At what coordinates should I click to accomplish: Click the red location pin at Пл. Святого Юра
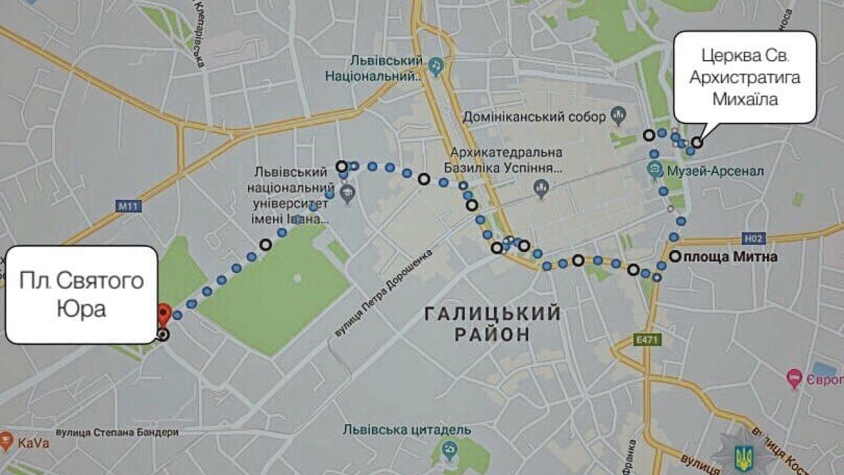click(x=164, y=313)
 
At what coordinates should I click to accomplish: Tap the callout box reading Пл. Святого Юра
click(x=82, y=294)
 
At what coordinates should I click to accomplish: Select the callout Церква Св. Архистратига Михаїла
click(x=744, y=77)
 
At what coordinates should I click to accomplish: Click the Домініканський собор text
click(x=534, y=117)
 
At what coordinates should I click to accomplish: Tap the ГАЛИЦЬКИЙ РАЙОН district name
click(x=492, y=323)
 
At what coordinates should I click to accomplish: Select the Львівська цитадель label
click(x=407, y=430)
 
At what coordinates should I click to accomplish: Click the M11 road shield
click(x=129, y=206)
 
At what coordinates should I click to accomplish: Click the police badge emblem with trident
click(x=743, y=455)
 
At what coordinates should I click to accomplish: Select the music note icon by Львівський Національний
click(x=435, y=66)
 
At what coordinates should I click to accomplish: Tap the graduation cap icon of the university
click(x=347, y=194)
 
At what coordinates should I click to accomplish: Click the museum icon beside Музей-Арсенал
click(x=655, y=172)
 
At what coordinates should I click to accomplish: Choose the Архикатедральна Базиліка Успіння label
click(x=506, y=160)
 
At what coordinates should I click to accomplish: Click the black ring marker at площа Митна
click(x=675, y=257)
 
